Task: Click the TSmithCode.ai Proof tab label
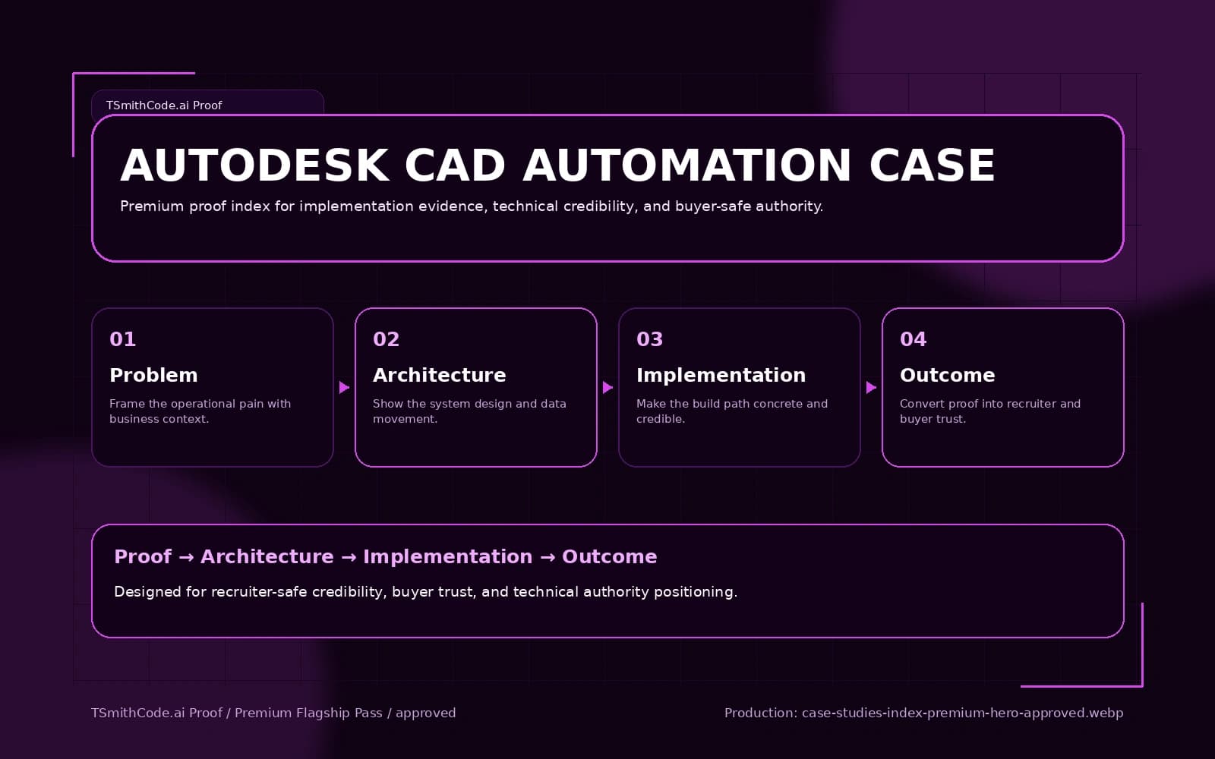(x=164, y=106)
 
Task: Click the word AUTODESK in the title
(x=255, y=165)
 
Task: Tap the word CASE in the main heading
(x=932, y=165)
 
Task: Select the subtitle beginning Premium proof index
(x=471, y=206)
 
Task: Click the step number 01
(x=122, y=339)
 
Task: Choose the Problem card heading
(x=153, y=375)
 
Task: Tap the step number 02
(x=386, y=339)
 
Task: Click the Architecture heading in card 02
(x=439, y=375)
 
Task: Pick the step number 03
(x=649, y=339)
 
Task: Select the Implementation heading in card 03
(x=721, y=375)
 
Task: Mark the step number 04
(x=913, y=339)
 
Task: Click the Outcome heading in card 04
(x=947, y=375)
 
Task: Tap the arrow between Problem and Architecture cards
(x=344, y=388)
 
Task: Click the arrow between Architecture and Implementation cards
(x=607, y=388)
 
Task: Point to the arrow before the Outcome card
(x=871, y=388)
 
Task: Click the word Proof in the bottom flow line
(x=143, y=556)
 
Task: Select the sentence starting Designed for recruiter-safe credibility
(x=425, y=592)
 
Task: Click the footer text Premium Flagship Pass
(x=308, y=713)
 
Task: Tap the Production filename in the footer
(x=962, y=713)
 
